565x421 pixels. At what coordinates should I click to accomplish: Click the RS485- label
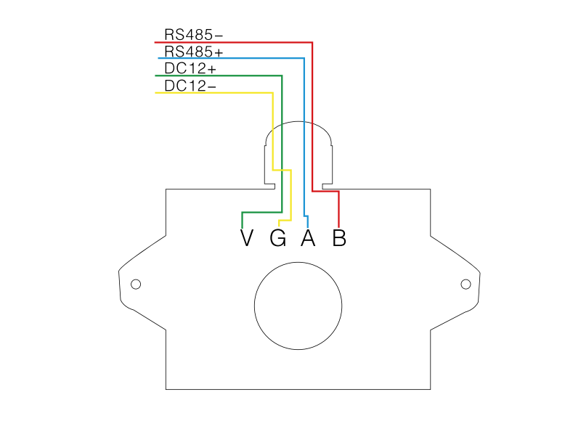[193, 35]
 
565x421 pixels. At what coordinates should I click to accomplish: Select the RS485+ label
[193, 52]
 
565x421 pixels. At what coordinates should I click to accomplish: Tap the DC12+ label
[190, 69]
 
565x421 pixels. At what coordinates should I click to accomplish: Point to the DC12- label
[190, 86]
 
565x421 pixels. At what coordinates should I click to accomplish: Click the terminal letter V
[247, 238]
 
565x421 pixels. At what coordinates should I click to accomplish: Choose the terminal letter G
[277, 238]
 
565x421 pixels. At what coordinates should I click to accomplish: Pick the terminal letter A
[308, 238]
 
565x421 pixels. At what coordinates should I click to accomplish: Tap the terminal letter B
[339, 238]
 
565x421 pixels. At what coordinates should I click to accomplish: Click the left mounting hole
[135, 284]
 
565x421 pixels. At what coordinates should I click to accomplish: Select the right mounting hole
[466, 284]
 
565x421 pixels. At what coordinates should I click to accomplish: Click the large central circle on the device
[298, 306]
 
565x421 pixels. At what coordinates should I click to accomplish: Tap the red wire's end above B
[339, 224]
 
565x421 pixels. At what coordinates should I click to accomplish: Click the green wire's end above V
[241, 225]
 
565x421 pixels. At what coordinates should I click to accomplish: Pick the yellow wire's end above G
[279, 224]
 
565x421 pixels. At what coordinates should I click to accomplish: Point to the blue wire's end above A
[308, 224]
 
